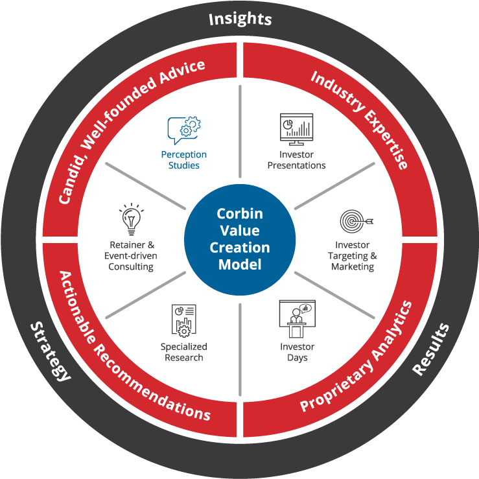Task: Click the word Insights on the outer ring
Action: (240, 19)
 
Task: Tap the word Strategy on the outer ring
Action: (51, 351)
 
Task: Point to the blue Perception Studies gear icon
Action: (184, 128)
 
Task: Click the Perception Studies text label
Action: (184, 159)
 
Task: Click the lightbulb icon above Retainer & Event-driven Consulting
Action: (132, 220)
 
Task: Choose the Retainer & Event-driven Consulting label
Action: (132, 255)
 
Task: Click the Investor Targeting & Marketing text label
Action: (353, 255)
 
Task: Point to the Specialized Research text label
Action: (184, 352)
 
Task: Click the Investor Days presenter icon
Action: (297, 318)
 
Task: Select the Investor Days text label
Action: (297, 352)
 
